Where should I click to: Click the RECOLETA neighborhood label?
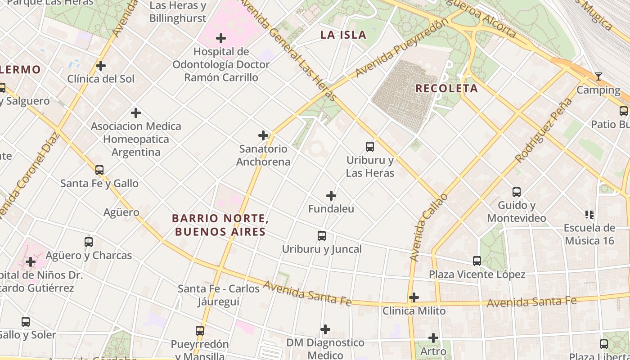click(x=446, y=88)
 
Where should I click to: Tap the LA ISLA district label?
click(x=343, y=35)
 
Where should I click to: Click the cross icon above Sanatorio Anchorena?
click(x=263, y=135)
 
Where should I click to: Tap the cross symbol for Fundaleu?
click(x=331, y=196)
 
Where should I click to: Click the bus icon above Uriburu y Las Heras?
click(x=369, y=146)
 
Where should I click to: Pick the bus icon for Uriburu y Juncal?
click(x=321, y=235)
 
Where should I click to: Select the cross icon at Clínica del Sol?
click(x=101, y=66)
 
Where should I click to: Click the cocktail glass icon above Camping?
click(x=598, y=76)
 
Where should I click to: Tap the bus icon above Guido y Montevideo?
click(x=516, y=192)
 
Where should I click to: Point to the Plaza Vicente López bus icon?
click(x=477, y=261)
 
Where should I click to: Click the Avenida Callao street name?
click(x=429, y=227)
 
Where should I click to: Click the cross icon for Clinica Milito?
click(x=414, y=297)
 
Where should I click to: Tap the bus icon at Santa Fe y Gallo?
click(x=99, y=170)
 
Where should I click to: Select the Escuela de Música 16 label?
click(x=589, y=234)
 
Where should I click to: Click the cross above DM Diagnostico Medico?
click(x=325, y=329)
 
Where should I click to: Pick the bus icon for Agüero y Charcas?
click(x=89, y=242)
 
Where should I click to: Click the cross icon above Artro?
click(x=433, y=337)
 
